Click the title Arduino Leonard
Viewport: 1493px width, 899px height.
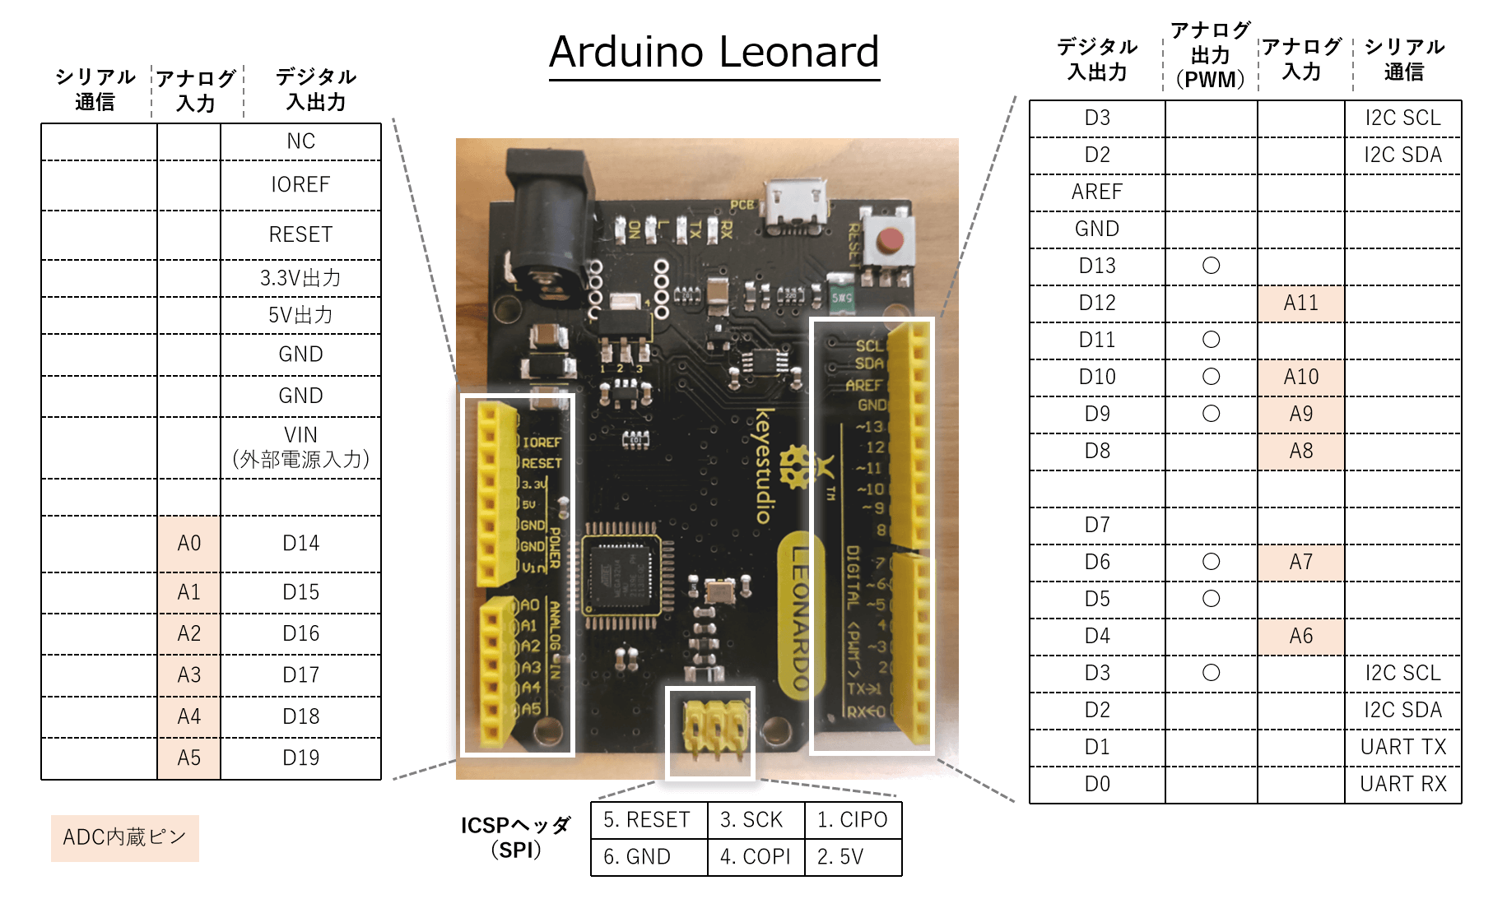[x=714, y=52]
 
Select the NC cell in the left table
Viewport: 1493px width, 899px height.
[x=300, y=141]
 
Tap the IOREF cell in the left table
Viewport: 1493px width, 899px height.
[x=300, y=185]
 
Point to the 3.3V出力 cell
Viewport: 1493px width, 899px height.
[x=300, y=278]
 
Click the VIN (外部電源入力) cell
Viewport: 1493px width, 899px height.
[x=300, y=447]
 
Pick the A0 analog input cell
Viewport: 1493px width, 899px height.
[x=188, y=544]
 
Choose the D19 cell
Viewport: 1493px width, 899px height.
[x=300, y=758]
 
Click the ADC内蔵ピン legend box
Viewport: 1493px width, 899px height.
[x=124, y=837]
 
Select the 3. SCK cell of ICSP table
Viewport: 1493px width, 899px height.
[x=751, y=820]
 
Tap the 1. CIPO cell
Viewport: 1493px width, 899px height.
[x=852, y=820]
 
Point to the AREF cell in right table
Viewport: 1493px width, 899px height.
[x=1096, y=192]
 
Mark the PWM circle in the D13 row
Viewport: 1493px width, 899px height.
[x=1211, y=266]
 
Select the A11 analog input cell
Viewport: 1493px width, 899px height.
[x=1300, y=303]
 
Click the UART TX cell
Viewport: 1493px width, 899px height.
[x=1402, y=747]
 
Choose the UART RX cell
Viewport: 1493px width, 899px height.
[x=1402, y=784]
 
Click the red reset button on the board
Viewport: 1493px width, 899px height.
[x=889, y=240]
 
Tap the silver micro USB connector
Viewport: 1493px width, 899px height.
[x=795, y=206]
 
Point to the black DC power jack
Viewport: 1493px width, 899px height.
[x=548, y=214]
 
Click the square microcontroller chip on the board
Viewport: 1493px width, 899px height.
[x=623, y=575]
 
